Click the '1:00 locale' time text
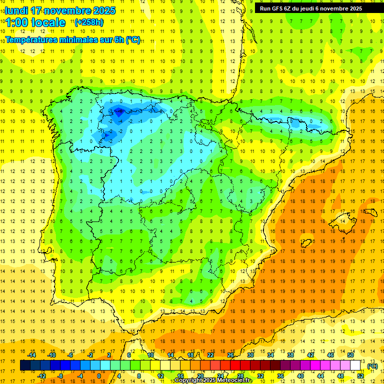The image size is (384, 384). pos(35,22)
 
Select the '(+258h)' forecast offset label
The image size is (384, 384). pos(89,22)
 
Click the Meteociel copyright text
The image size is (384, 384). pos(214,380)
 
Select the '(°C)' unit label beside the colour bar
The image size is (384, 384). pos(372,366)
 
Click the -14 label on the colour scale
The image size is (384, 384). pos(31,355)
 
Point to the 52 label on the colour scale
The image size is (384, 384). pos(360,376)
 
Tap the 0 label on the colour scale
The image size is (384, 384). pos(98,376)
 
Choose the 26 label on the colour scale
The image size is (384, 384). pos(230,355)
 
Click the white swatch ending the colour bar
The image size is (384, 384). pos(355,365)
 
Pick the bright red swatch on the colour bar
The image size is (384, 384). pos(235,365)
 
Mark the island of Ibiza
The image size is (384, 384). pos(304,243)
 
